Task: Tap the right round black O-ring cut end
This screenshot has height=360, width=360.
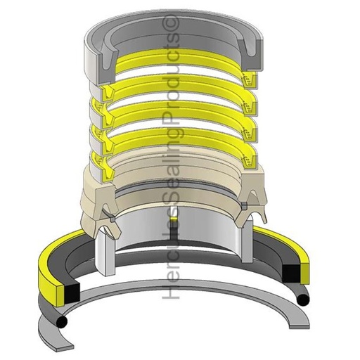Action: (x=303, y=300)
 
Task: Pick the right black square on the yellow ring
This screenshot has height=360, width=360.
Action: (x=290, y=270)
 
